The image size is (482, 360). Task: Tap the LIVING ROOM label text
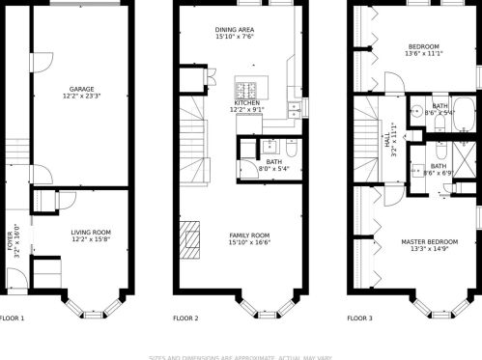click(91, 232)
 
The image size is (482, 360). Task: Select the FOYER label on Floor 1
click(12, 240)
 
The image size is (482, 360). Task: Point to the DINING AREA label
click(234, 30)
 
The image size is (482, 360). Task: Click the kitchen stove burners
click(246, 91)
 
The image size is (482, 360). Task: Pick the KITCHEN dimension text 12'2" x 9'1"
click(246, 109)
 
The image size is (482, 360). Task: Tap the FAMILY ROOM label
click(248, 235)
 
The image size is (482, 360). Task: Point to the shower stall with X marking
click(466, 159)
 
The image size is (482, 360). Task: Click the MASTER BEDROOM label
click(430, 241)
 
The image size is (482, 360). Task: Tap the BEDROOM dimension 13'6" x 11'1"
click(425, 54)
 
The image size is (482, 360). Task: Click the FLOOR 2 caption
click(185, 318)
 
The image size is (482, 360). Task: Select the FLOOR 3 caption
click(359, 318)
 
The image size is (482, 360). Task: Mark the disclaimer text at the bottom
click(241, 354)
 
